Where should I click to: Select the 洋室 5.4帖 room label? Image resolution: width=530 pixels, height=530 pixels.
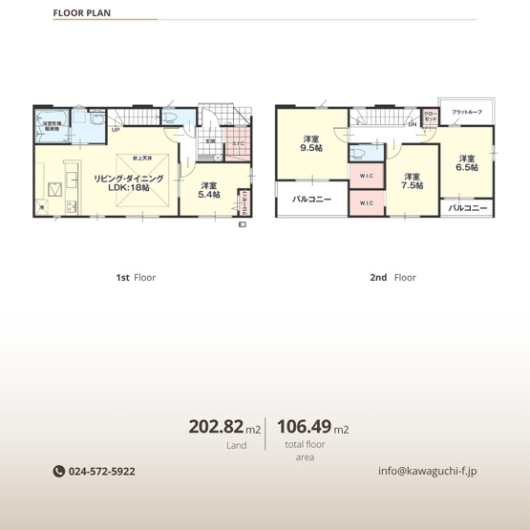tap(209, 189)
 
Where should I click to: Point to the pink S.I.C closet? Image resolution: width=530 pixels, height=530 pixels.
tap(237, 144)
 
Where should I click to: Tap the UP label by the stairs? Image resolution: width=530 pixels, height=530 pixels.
tap(115, 130)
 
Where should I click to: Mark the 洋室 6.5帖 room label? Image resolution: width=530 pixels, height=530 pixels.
tap(466, 163)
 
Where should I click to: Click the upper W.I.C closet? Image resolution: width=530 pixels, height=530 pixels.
tap(366, 176)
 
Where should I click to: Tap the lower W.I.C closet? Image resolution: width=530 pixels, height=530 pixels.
tap(366, 202)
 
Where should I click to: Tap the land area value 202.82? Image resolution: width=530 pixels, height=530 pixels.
tap(217, 427)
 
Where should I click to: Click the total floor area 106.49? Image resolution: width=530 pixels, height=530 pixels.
tap(304, 427)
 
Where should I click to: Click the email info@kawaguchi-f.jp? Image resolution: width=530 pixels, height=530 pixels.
tap(428, 471)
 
